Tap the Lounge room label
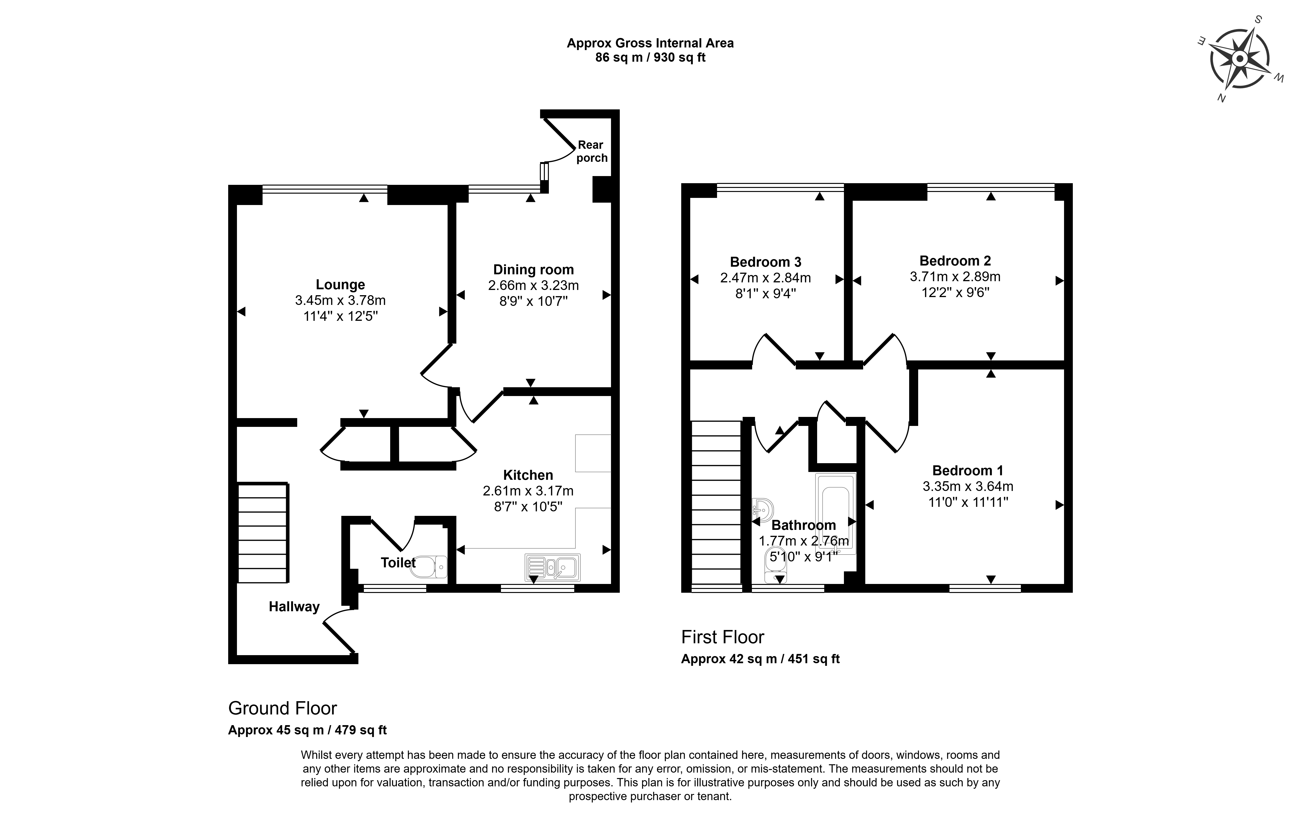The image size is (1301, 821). point(340,285)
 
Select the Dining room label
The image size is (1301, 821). point(533,270)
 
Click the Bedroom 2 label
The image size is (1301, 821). point(955,261)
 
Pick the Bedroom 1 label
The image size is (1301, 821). point(968,471)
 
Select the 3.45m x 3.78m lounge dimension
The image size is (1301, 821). point(340,300)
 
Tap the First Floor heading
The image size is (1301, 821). point(722,637)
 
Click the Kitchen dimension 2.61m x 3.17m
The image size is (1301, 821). point(528,491)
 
